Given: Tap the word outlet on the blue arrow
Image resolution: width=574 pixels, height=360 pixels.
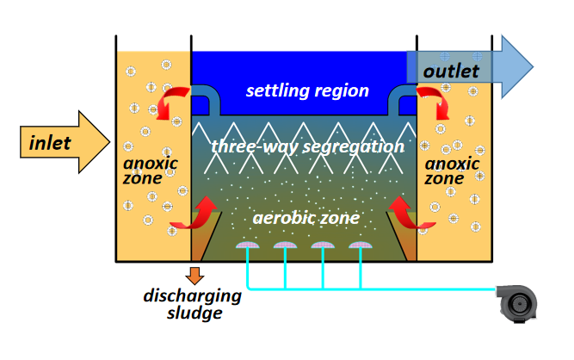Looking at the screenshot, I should (451, 69).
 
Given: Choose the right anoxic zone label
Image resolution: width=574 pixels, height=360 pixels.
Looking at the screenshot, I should (450, 171).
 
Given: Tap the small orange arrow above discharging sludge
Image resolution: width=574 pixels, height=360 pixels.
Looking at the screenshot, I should (196, 276).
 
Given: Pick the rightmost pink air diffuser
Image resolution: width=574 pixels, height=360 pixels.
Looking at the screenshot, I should (360, 247).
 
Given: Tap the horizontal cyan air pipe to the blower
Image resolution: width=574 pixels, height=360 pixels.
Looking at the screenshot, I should (413, 287).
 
